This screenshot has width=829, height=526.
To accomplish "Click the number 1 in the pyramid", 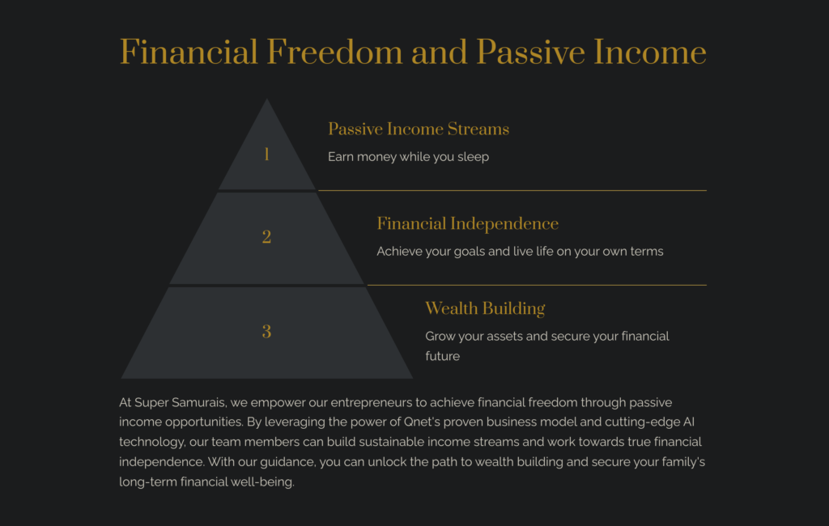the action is click(x=266, y=155).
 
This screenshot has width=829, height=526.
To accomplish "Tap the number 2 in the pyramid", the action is click(x=266, y=237).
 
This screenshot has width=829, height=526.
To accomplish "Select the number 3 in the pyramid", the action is click(x=266, y=332).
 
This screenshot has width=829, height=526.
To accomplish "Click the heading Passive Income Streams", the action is click(x=419, y=129).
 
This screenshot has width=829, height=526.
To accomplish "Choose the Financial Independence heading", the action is click(x=467, y=223).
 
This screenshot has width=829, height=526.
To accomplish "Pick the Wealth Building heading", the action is click(x=485, y=308).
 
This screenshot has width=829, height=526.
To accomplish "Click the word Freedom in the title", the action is click(x=334, y=53).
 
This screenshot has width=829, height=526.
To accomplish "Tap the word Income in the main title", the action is click(x=650, y=53).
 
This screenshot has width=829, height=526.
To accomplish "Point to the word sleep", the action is click(x=473, y=157).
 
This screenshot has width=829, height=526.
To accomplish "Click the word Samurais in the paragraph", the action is click(x=199, y=403).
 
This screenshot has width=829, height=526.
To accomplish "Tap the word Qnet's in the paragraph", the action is click(x=421, y=422).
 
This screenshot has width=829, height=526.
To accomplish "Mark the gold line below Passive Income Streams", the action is click(x=512, y=190).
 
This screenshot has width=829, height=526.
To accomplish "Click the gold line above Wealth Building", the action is click(x=537, y=285).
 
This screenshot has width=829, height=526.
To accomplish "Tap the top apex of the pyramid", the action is click(x=266, y=99).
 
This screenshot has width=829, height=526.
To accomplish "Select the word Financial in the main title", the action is click(x=189, y=53).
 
